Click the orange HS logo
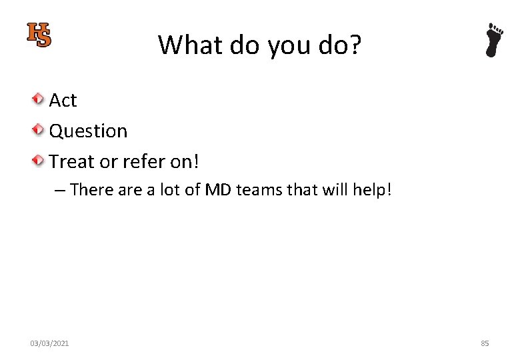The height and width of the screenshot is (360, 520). (x=39, y=35)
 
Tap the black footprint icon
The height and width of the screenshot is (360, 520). (x=494, y=40)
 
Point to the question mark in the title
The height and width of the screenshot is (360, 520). (x=354, y=45)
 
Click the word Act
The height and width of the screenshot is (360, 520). (x=63, y=100)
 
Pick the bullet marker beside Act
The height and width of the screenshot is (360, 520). (x=39, y=99)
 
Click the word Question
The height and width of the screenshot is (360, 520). (x=88, y=131)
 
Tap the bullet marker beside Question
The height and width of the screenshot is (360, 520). (x=39, y=130)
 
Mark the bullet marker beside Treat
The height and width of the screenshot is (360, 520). (x=39, y=161)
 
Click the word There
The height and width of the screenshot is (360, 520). (x=92, y=190)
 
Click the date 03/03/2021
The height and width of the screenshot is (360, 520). (x=49, y=343)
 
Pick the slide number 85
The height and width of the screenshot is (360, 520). (x=485, y=343)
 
